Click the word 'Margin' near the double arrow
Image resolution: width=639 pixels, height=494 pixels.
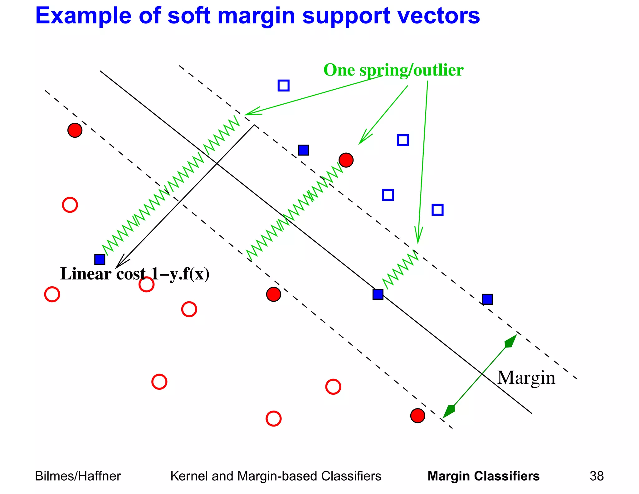[526, 378]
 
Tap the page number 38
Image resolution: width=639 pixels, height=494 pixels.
[596, 476]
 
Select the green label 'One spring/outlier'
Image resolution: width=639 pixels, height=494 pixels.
[393, 70]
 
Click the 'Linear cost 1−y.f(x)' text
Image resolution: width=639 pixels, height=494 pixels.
[134, 274]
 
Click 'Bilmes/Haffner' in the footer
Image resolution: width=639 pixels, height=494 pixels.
[78, 476]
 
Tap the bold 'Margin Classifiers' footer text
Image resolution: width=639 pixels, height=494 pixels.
[483, 476]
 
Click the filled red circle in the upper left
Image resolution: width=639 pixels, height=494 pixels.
[75, 130]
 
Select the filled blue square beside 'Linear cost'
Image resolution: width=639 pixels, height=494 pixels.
[100, 259]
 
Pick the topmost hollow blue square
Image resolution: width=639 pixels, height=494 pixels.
[283, 85]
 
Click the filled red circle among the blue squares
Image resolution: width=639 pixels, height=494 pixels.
[346, 160]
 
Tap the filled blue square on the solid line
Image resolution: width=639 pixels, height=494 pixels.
[378, 294]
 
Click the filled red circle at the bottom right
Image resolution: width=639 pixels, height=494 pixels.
[417, 416]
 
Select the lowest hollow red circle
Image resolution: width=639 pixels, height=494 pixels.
[274, 418]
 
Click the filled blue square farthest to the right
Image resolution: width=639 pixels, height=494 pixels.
[487, 299]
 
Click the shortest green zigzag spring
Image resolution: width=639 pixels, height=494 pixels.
[401, 269]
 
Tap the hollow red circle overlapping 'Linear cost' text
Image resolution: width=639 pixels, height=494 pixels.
[146, 284]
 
